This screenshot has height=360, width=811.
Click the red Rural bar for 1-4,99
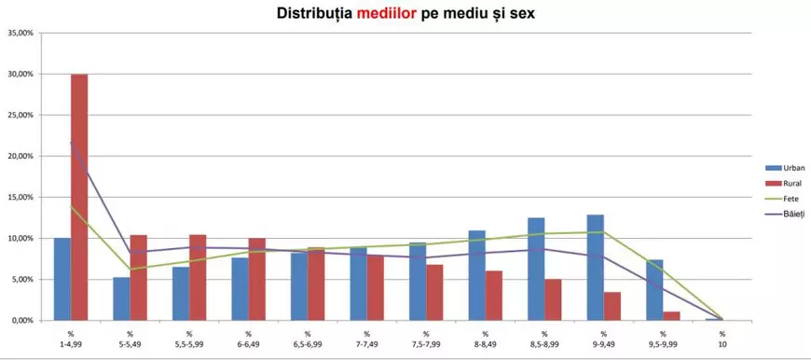[x=79, y=197]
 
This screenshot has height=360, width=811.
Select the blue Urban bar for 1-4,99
[x=62, y=279]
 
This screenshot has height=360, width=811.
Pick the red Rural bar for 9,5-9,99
[x=671, y=315]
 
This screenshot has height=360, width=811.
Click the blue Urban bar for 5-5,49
[x=121, y=298]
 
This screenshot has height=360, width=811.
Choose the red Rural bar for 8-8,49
[x=493, y=296]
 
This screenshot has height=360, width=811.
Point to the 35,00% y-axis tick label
[x=20, y=33]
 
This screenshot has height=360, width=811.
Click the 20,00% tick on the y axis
[x=20, y=156]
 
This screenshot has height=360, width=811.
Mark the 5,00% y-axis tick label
[x=21, y=279]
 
